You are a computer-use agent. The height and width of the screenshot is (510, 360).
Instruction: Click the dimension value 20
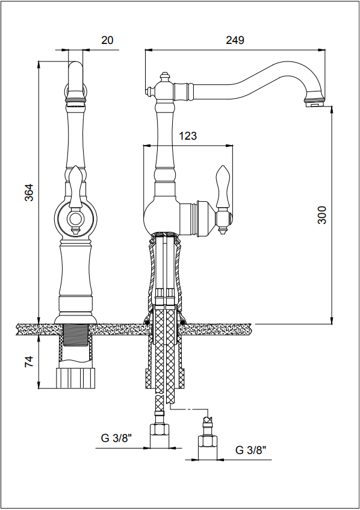[107, 40]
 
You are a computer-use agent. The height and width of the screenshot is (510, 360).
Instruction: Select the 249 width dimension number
[235, 40]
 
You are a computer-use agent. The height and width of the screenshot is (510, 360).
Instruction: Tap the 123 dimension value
[188, 135]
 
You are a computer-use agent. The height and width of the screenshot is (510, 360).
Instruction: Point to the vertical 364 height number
[29, 193]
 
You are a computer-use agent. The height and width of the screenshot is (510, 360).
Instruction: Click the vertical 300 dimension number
[321, 215]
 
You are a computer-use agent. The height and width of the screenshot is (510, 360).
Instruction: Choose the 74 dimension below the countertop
[29, 362]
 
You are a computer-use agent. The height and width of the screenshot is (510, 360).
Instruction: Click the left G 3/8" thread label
[116, 438]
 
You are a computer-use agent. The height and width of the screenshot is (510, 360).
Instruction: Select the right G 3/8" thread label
[250, 450]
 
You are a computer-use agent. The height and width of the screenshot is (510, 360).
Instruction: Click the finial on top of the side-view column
[165, 78]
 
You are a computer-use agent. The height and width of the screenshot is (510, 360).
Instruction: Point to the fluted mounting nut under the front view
[76, 378]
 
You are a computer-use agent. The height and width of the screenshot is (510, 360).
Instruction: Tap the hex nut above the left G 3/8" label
[160, 431]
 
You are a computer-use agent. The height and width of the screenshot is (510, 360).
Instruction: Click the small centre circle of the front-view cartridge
[75, 219]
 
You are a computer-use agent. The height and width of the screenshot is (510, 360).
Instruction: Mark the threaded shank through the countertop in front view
[75, 335]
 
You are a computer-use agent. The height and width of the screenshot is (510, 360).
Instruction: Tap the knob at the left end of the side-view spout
[151, 91]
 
